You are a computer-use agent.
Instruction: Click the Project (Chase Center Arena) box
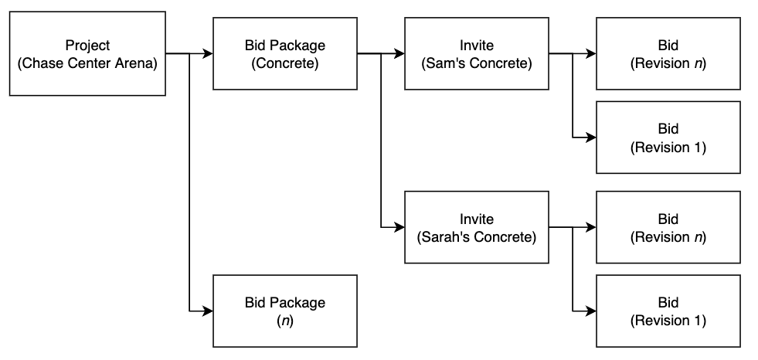click(x=87, y=53)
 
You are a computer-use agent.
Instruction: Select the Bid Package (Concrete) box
click(x=284, y=53)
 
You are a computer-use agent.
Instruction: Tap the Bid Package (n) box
click(x=284, y=310)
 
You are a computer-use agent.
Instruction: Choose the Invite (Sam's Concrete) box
click(x=477, y=53)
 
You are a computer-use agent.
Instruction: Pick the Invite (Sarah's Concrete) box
click(x=477, y=228)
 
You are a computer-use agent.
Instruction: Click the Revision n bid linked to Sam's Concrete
click(x=668, y=53)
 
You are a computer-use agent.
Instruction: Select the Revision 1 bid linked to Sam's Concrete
click(x=668, y=138)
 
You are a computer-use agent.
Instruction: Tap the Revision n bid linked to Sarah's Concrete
click(x=668, y=228)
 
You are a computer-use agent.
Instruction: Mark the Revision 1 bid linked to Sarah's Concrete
click(x=668, y=310)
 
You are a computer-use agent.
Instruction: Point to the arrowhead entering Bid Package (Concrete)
click(x=208, y=54)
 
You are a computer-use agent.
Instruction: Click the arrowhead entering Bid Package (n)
click(x=208, y=311)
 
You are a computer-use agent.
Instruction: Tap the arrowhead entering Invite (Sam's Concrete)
click(x=399, y=54)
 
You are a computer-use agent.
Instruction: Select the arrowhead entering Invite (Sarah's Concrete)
click(x=399, y=229)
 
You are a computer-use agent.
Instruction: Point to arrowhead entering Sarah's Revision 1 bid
click(x=591, y=311)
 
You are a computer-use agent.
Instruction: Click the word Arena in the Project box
click(x=140, y=63)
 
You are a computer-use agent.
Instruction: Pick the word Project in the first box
click(x=87, y=46)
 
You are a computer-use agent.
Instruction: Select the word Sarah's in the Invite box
click(x=444, y=237)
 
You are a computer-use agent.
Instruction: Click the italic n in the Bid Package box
click(x=284, y=318)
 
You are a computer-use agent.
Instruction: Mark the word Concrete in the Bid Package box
click(x=284, y=63)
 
